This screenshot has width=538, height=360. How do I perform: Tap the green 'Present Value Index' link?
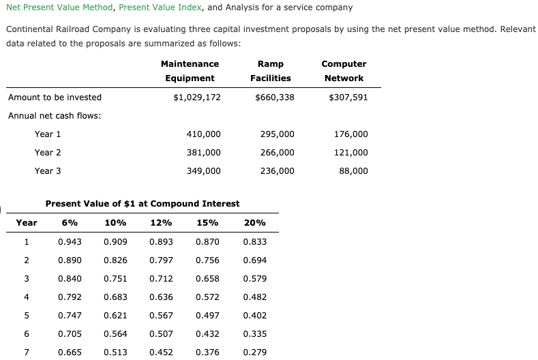(155, 7)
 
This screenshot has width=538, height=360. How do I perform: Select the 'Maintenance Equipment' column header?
(190, 71)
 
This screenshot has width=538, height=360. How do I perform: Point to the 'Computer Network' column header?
(344, 71)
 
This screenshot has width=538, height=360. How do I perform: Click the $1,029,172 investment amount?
(197, 97)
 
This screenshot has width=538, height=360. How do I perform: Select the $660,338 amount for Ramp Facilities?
(275, 97)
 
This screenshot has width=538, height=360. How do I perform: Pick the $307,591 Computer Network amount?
(348, 97)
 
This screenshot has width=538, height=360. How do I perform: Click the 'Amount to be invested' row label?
(55, 97)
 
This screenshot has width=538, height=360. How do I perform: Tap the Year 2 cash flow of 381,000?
(203, 153)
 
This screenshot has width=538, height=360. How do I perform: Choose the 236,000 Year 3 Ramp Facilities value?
(278, 171)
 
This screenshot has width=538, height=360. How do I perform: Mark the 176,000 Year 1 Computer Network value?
(351, 134)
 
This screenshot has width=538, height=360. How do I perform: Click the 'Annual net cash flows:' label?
(55, 116)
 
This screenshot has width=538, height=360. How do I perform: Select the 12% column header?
(161, 223)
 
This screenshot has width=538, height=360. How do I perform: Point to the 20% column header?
(254, 223)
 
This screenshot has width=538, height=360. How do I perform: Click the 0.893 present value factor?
(161, 242)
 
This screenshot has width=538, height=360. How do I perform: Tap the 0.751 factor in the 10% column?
(115, 279)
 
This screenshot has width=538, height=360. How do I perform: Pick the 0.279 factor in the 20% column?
(254, 352)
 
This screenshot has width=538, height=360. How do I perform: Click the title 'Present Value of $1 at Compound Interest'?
(142, 204)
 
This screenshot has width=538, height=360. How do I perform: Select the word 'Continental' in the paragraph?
(28, 30)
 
